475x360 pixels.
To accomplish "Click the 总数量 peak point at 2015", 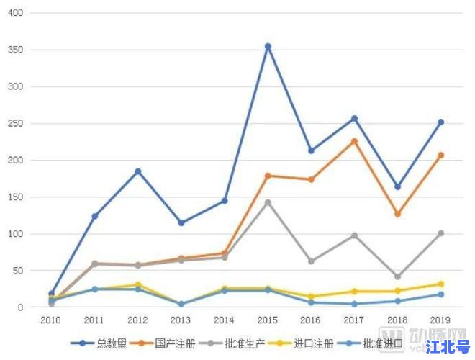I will pos(268,46).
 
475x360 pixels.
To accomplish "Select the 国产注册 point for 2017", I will pos(354,141).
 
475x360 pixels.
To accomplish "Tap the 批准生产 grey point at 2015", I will pos(268,202).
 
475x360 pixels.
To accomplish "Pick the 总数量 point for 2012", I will pos(138,171).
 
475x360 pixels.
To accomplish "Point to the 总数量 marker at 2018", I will pos(397,186).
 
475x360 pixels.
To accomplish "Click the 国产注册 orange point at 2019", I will pos(440,155).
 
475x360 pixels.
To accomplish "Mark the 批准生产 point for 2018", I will pos(397,276).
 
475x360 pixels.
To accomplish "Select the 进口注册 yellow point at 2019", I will pos(440,284).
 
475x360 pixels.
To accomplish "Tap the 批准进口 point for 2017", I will pos(354,304).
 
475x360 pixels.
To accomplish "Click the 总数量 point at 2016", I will pos(311,150).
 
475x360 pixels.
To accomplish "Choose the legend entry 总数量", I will pos(105,343).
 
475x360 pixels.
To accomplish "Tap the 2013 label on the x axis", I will pos(181,319).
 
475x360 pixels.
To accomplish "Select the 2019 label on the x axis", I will pos(440,319).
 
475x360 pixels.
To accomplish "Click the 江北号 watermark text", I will pos(447,346).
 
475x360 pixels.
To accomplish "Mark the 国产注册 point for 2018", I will pos(397,214).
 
